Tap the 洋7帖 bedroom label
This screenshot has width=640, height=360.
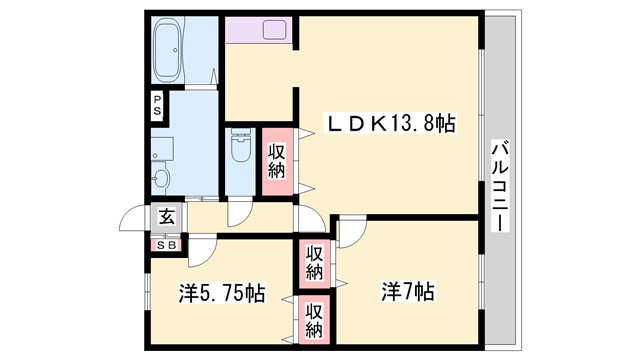(407, 293)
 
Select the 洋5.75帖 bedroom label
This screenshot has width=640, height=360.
(222, 294)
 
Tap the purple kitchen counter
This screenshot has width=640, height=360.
(258, 29)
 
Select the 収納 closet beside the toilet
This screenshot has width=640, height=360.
(277, 162)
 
